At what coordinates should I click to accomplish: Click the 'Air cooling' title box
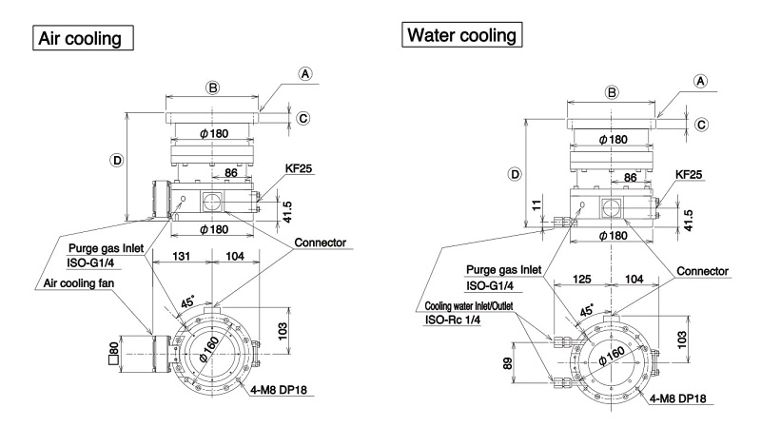(x=83, y=38)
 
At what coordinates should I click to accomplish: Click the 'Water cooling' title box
(x=462, y=34)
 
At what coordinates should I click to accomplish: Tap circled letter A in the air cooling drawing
(x=304, y=74)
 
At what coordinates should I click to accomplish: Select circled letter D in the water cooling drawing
(x=516, y=174)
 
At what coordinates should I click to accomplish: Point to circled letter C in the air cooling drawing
(x=303, y=118)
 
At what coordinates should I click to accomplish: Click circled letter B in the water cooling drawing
(x=612, y=92)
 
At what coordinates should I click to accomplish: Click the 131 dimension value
(x=182, y=256)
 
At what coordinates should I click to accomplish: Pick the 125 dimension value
(x=582, y=279)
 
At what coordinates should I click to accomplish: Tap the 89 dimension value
(x=507, y=364)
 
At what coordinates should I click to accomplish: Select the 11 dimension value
(x=536, y=204)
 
